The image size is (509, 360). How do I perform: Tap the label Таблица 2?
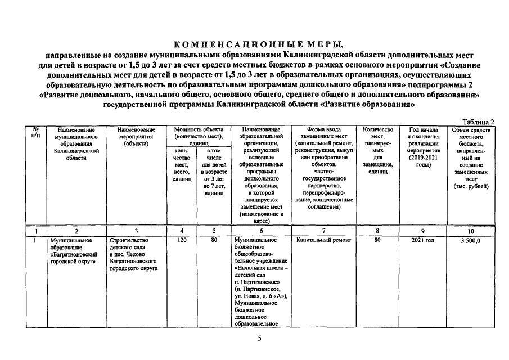478,121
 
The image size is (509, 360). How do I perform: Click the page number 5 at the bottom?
259,339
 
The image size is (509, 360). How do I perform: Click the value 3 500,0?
470,240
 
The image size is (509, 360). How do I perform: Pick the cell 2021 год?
422,240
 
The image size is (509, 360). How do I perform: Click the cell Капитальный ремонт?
323,240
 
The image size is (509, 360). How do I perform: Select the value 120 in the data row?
181,240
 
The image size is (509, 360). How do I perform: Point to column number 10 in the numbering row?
470,231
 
